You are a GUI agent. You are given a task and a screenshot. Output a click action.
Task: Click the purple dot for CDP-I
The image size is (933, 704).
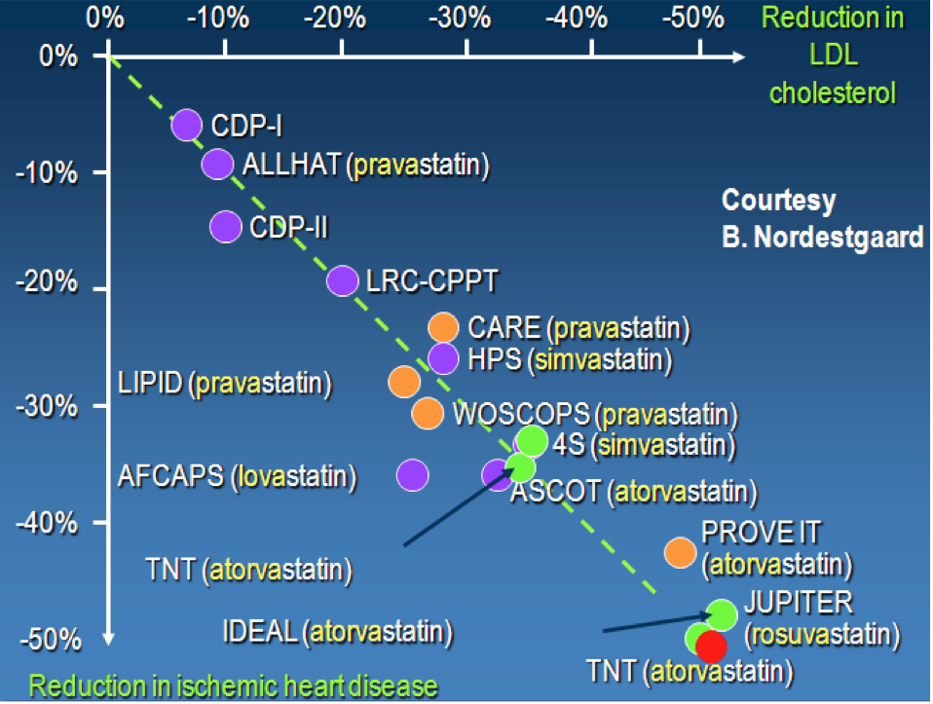[187, 125]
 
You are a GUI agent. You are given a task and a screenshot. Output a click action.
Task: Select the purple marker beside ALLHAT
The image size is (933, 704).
[217, 164]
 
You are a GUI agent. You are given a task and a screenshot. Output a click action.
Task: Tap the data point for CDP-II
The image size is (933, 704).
[226, 227]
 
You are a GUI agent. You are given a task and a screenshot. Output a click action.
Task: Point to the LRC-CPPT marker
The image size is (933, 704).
[343, 280]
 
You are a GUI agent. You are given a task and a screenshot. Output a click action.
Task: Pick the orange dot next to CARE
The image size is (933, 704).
[443, 327]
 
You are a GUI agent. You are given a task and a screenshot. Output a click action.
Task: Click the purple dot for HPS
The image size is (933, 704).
[443, 358]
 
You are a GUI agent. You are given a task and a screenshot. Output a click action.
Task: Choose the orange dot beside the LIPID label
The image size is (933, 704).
[404, 382]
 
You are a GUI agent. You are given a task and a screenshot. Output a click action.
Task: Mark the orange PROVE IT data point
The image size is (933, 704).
[680, 552]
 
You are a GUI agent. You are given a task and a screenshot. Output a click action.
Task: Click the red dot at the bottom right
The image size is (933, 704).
[712, 647]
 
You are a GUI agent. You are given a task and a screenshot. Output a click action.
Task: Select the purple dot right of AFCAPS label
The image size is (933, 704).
[412, 475]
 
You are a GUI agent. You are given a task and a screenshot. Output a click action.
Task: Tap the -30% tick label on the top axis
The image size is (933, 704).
[460, 18]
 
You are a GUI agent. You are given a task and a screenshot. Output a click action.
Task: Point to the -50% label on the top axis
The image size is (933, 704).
[693, 18]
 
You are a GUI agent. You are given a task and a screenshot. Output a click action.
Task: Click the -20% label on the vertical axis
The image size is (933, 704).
[47, 281]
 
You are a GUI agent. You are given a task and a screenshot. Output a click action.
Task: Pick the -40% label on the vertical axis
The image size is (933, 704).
[47, 524]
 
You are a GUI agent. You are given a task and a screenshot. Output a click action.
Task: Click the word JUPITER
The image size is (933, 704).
[800, 602]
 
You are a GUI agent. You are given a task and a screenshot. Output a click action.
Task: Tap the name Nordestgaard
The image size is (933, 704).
[839, 237]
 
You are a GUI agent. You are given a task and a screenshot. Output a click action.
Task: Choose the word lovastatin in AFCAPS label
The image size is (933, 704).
[293, 476]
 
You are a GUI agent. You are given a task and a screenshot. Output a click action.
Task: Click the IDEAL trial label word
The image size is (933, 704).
[260, 631]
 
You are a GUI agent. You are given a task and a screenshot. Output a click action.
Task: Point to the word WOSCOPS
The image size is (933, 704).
[522, 414]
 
